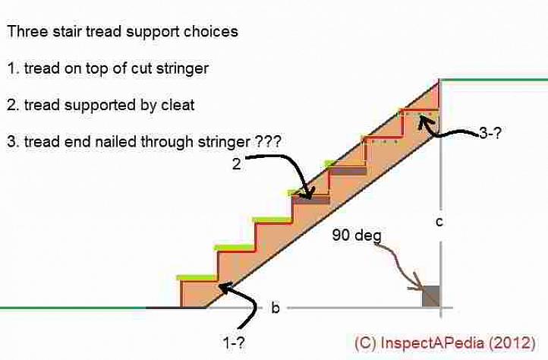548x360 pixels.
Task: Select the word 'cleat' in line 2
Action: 178,105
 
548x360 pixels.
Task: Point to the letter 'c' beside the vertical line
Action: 439,222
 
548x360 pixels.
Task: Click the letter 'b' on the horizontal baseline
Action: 276,308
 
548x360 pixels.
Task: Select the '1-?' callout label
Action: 234,343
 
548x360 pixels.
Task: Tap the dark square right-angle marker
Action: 430,295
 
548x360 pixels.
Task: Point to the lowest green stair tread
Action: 197,277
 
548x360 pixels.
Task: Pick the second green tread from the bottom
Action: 234,248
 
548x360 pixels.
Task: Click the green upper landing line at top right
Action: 493,79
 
